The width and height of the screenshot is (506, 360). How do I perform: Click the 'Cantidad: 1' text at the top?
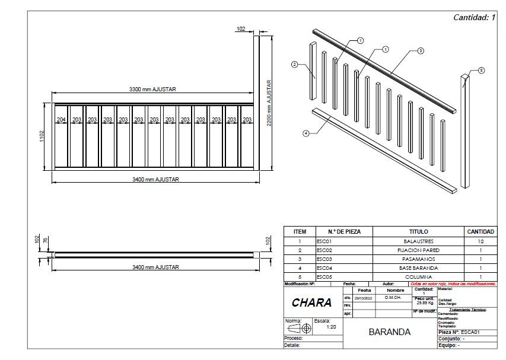pos(474,17)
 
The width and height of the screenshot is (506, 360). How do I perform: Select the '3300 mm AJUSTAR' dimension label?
pos(153,90)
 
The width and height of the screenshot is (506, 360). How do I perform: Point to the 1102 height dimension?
pos(41,136)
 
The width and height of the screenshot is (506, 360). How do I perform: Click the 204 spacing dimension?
pos(61,119)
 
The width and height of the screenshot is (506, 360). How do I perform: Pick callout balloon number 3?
pos(421,51)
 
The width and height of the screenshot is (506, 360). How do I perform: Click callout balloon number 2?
pos(294,64)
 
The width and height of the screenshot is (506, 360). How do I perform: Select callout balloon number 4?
pos(306,133)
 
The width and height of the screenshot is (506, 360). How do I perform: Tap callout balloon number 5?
pos(481,70)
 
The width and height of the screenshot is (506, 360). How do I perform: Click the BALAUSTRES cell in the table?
pos(418,241)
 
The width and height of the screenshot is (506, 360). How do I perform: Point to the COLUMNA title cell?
pos(418,277)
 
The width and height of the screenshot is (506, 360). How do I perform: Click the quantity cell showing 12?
pos(480,241)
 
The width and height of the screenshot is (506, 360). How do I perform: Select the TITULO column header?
pos(418,231)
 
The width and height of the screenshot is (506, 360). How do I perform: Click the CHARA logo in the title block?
pos(311,302)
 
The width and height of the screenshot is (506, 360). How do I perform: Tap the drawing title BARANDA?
pos(389,332)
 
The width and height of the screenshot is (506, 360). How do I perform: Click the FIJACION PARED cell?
pos(418,250)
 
